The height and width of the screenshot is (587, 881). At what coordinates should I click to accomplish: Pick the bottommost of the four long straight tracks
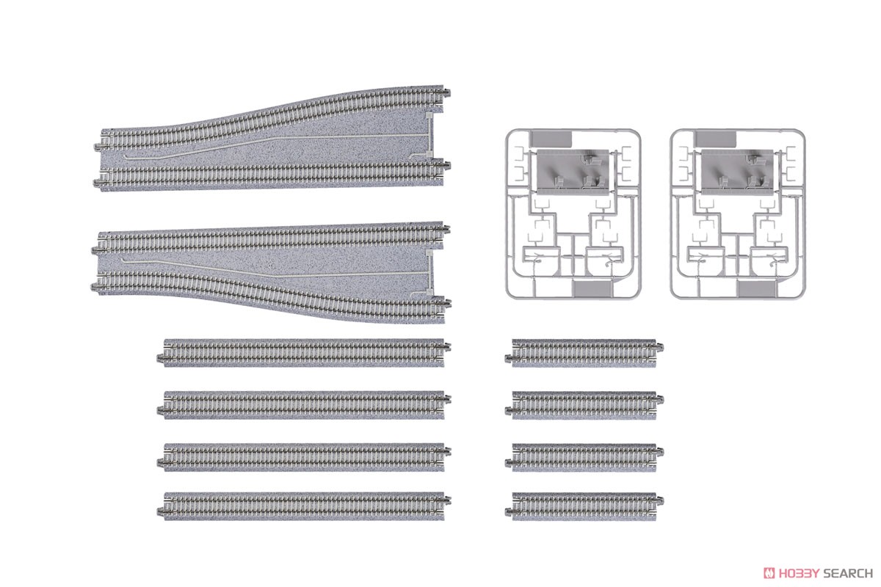click(x=304, y=506)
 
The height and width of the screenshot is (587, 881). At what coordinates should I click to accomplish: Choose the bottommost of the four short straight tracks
click(x=584, y=506)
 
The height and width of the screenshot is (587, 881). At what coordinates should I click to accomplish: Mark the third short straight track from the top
click(x=584, y=456)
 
